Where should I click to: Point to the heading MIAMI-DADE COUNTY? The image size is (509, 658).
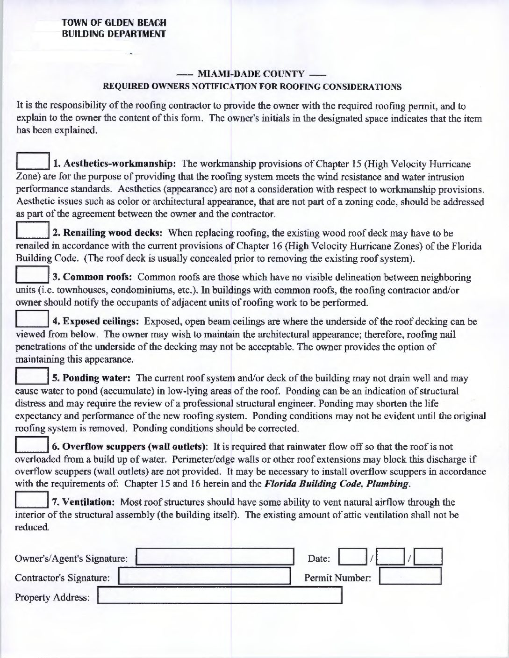(251, 74)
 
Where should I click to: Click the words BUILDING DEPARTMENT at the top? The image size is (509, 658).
(114, 33)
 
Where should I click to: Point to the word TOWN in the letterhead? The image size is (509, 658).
(74, 22)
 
